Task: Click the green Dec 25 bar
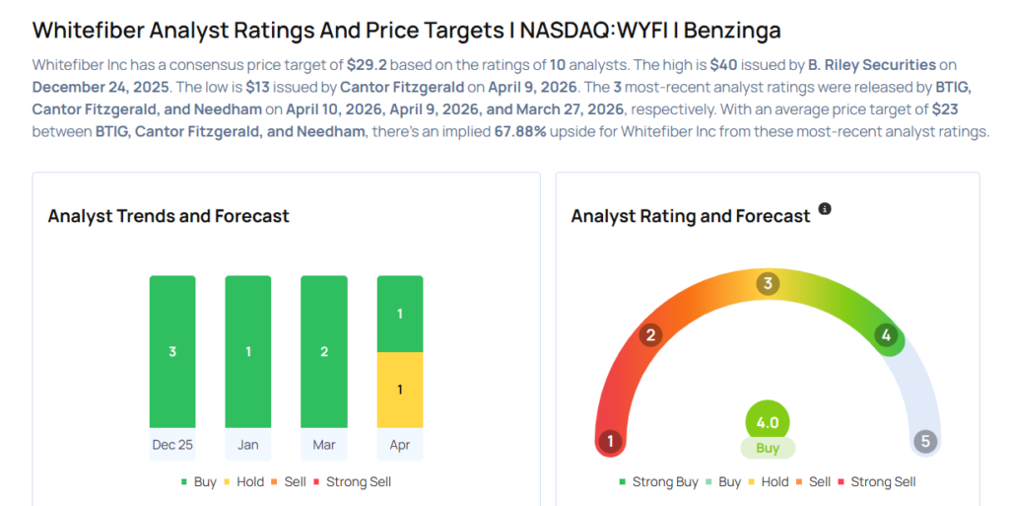point(172,351)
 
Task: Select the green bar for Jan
point(248,351)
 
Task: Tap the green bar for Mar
point(324,351)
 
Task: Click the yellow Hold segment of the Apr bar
point(400,390)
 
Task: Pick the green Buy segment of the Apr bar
point(400,314)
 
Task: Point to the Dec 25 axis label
point(172,445)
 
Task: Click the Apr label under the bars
point(400,445)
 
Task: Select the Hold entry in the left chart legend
point(242,482)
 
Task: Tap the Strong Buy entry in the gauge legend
point(657,482)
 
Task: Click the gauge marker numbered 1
point(610,441)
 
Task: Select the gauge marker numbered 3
point(768,284)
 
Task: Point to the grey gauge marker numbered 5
point(924,441)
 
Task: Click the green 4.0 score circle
point(768,422)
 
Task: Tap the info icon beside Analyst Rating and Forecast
point(825,209)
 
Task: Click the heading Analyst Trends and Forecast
point(168,216)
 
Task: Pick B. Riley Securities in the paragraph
point(872,65)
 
